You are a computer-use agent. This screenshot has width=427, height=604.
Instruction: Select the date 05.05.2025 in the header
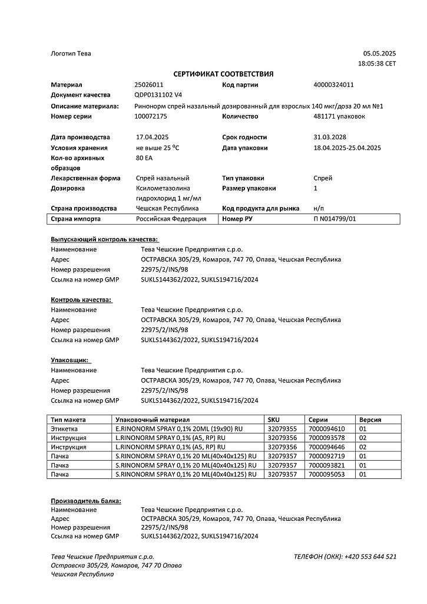(379, 53)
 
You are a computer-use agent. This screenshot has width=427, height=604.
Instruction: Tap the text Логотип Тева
(71, 54)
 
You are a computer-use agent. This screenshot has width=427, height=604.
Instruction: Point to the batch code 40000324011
(333, 85)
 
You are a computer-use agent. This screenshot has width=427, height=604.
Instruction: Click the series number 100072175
(151, 116)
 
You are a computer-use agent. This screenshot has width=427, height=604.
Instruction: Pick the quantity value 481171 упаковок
(339, 116)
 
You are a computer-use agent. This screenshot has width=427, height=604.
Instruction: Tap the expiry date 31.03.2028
(330, 137)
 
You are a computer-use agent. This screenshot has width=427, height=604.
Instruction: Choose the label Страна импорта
(76, 219)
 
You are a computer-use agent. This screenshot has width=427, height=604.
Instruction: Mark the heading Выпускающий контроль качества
(104, 239)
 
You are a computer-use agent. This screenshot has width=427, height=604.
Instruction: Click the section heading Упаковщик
(70, 359)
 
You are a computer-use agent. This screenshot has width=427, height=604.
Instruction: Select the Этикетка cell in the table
(65, 429)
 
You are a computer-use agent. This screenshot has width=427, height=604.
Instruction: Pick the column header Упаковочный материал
(147, 419)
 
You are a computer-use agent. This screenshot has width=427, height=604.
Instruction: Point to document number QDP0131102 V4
(158, 95)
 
